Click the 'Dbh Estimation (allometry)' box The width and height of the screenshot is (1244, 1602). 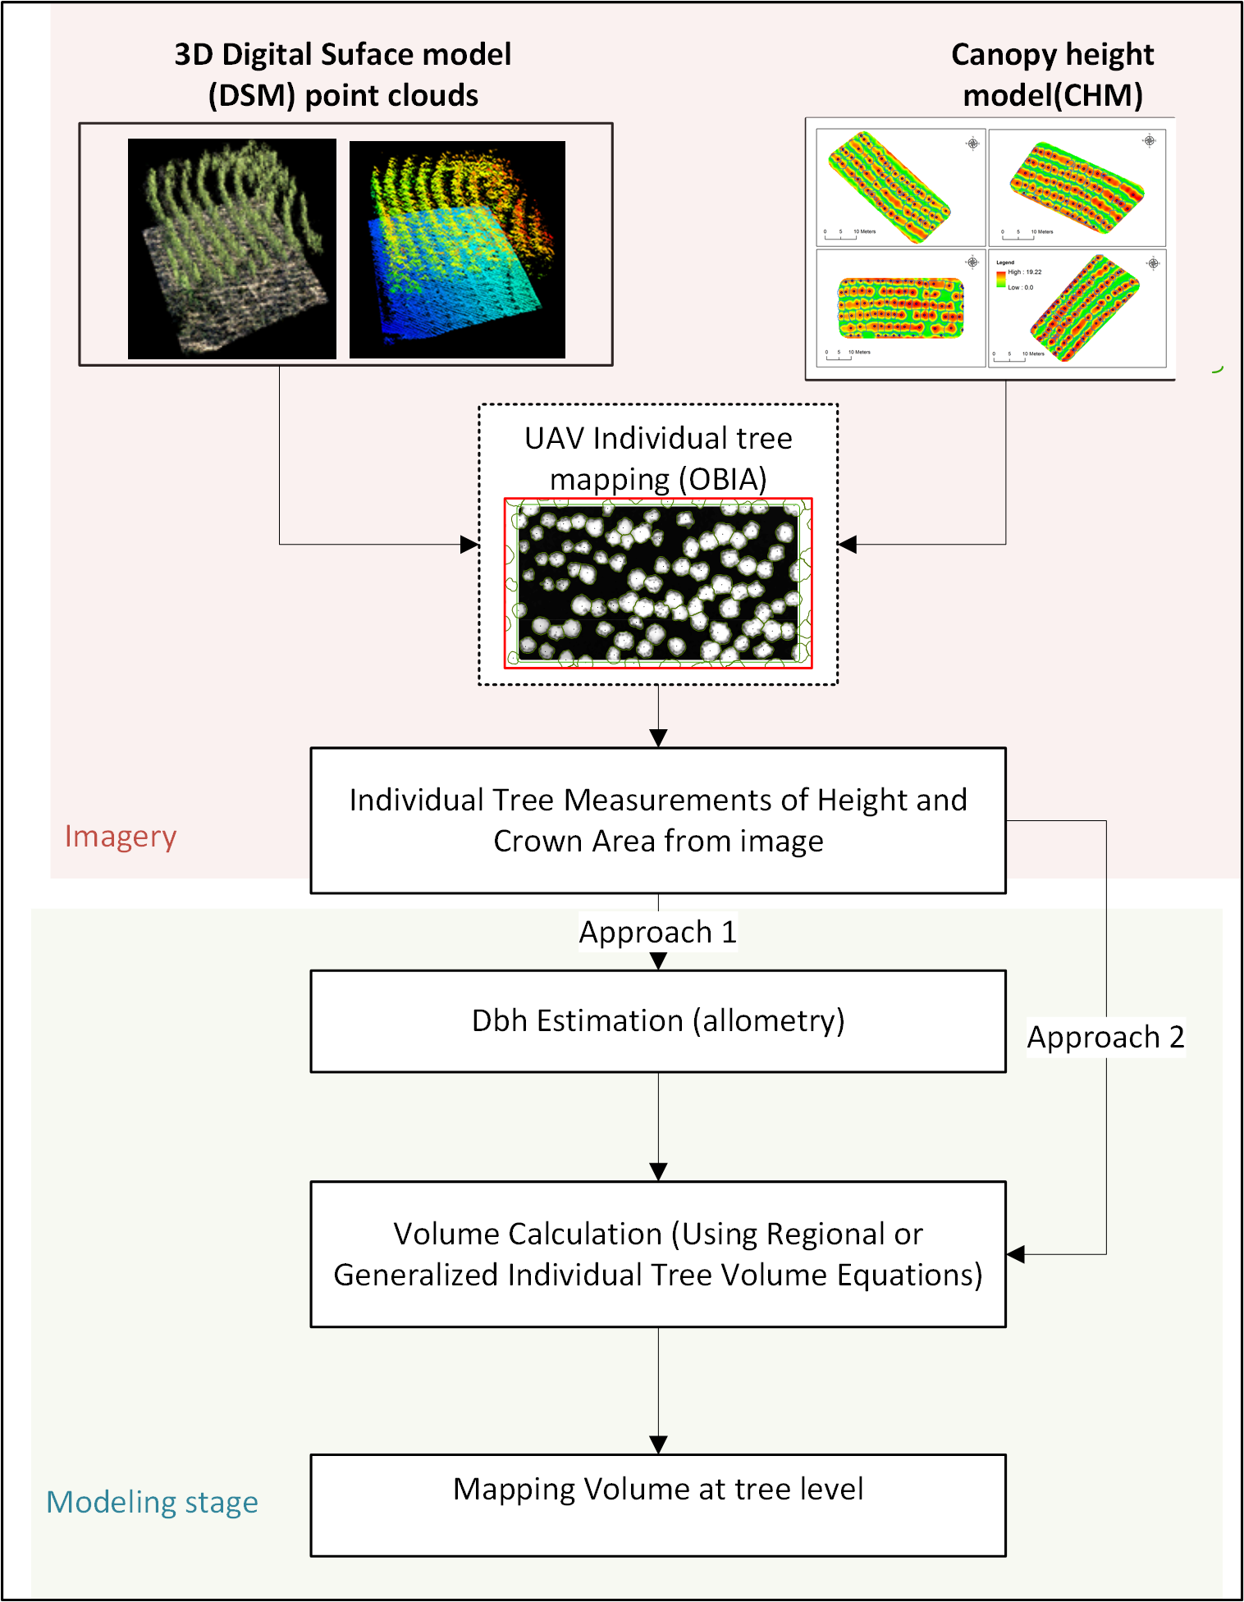657,1020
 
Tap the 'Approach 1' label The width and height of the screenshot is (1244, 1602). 657,932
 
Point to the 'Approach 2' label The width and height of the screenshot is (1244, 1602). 1105,1037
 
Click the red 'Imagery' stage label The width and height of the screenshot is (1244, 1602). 121,836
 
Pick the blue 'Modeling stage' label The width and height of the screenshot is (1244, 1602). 152,1502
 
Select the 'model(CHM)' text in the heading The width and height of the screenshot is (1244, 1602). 1052,95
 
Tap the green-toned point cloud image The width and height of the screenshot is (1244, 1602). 231,248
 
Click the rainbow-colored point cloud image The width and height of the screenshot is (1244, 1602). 457,249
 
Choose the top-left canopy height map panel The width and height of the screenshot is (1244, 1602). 900,186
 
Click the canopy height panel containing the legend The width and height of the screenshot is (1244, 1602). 1077,308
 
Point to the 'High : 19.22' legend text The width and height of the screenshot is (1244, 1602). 1024,272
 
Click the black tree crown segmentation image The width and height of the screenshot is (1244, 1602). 657,582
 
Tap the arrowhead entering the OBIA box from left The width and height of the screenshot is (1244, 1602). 469,544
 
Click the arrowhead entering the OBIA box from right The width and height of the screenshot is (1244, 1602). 848,544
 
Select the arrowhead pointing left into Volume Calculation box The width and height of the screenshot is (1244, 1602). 1016,1254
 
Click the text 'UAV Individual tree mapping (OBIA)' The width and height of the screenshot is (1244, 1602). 657,458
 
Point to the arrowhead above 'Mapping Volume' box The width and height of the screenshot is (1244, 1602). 657,1445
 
